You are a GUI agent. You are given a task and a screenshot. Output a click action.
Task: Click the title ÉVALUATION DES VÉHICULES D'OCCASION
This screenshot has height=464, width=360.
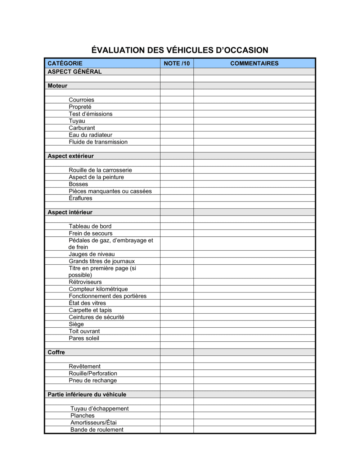180,50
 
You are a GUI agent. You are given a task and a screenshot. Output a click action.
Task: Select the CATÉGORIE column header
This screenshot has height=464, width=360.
65,63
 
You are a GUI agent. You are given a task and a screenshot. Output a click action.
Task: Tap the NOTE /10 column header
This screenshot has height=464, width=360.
177,63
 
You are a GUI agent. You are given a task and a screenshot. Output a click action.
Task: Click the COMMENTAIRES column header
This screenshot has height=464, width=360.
254,63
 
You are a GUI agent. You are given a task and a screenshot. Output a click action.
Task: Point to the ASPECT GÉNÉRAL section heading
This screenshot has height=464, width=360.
75,72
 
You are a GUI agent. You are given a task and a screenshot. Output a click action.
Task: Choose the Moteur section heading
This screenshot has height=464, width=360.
58,86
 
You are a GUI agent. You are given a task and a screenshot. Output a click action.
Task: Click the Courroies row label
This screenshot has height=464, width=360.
81,100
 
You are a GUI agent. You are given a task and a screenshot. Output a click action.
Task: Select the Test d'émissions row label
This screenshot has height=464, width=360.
91,114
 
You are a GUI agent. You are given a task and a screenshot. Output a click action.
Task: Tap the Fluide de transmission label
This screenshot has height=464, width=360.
98,142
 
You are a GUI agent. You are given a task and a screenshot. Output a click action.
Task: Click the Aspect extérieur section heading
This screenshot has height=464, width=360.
71,156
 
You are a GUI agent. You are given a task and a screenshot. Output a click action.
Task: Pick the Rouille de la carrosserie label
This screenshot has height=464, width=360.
100,170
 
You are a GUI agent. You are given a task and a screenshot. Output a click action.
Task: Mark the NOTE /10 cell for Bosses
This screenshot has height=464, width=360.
177,184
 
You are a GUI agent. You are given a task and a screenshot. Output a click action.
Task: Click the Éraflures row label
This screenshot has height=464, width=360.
81,198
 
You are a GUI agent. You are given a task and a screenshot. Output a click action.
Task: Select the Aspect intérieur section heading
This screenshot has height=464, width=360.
70,212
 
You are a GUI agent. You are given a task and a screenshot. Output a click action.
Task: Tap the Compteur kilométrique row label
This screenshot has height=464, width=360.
98,289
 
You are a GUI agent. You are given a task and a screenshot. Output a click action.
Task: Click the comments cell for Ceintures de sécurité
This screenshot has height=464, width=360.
254,317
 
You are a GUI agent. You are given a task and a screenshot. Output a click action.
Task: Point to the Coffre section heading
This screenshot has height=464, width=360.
56,352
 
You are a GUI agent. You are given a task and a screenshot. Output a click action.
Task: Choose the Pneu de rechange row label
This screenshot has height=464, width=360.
93,380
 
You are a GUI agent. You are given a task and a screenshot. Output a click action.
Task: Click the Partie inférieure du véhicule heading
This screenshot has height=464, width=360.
87,394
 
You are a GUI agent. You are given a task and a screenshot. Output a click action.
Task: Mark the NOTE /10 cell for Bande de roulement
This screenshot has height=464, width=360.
177,429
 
